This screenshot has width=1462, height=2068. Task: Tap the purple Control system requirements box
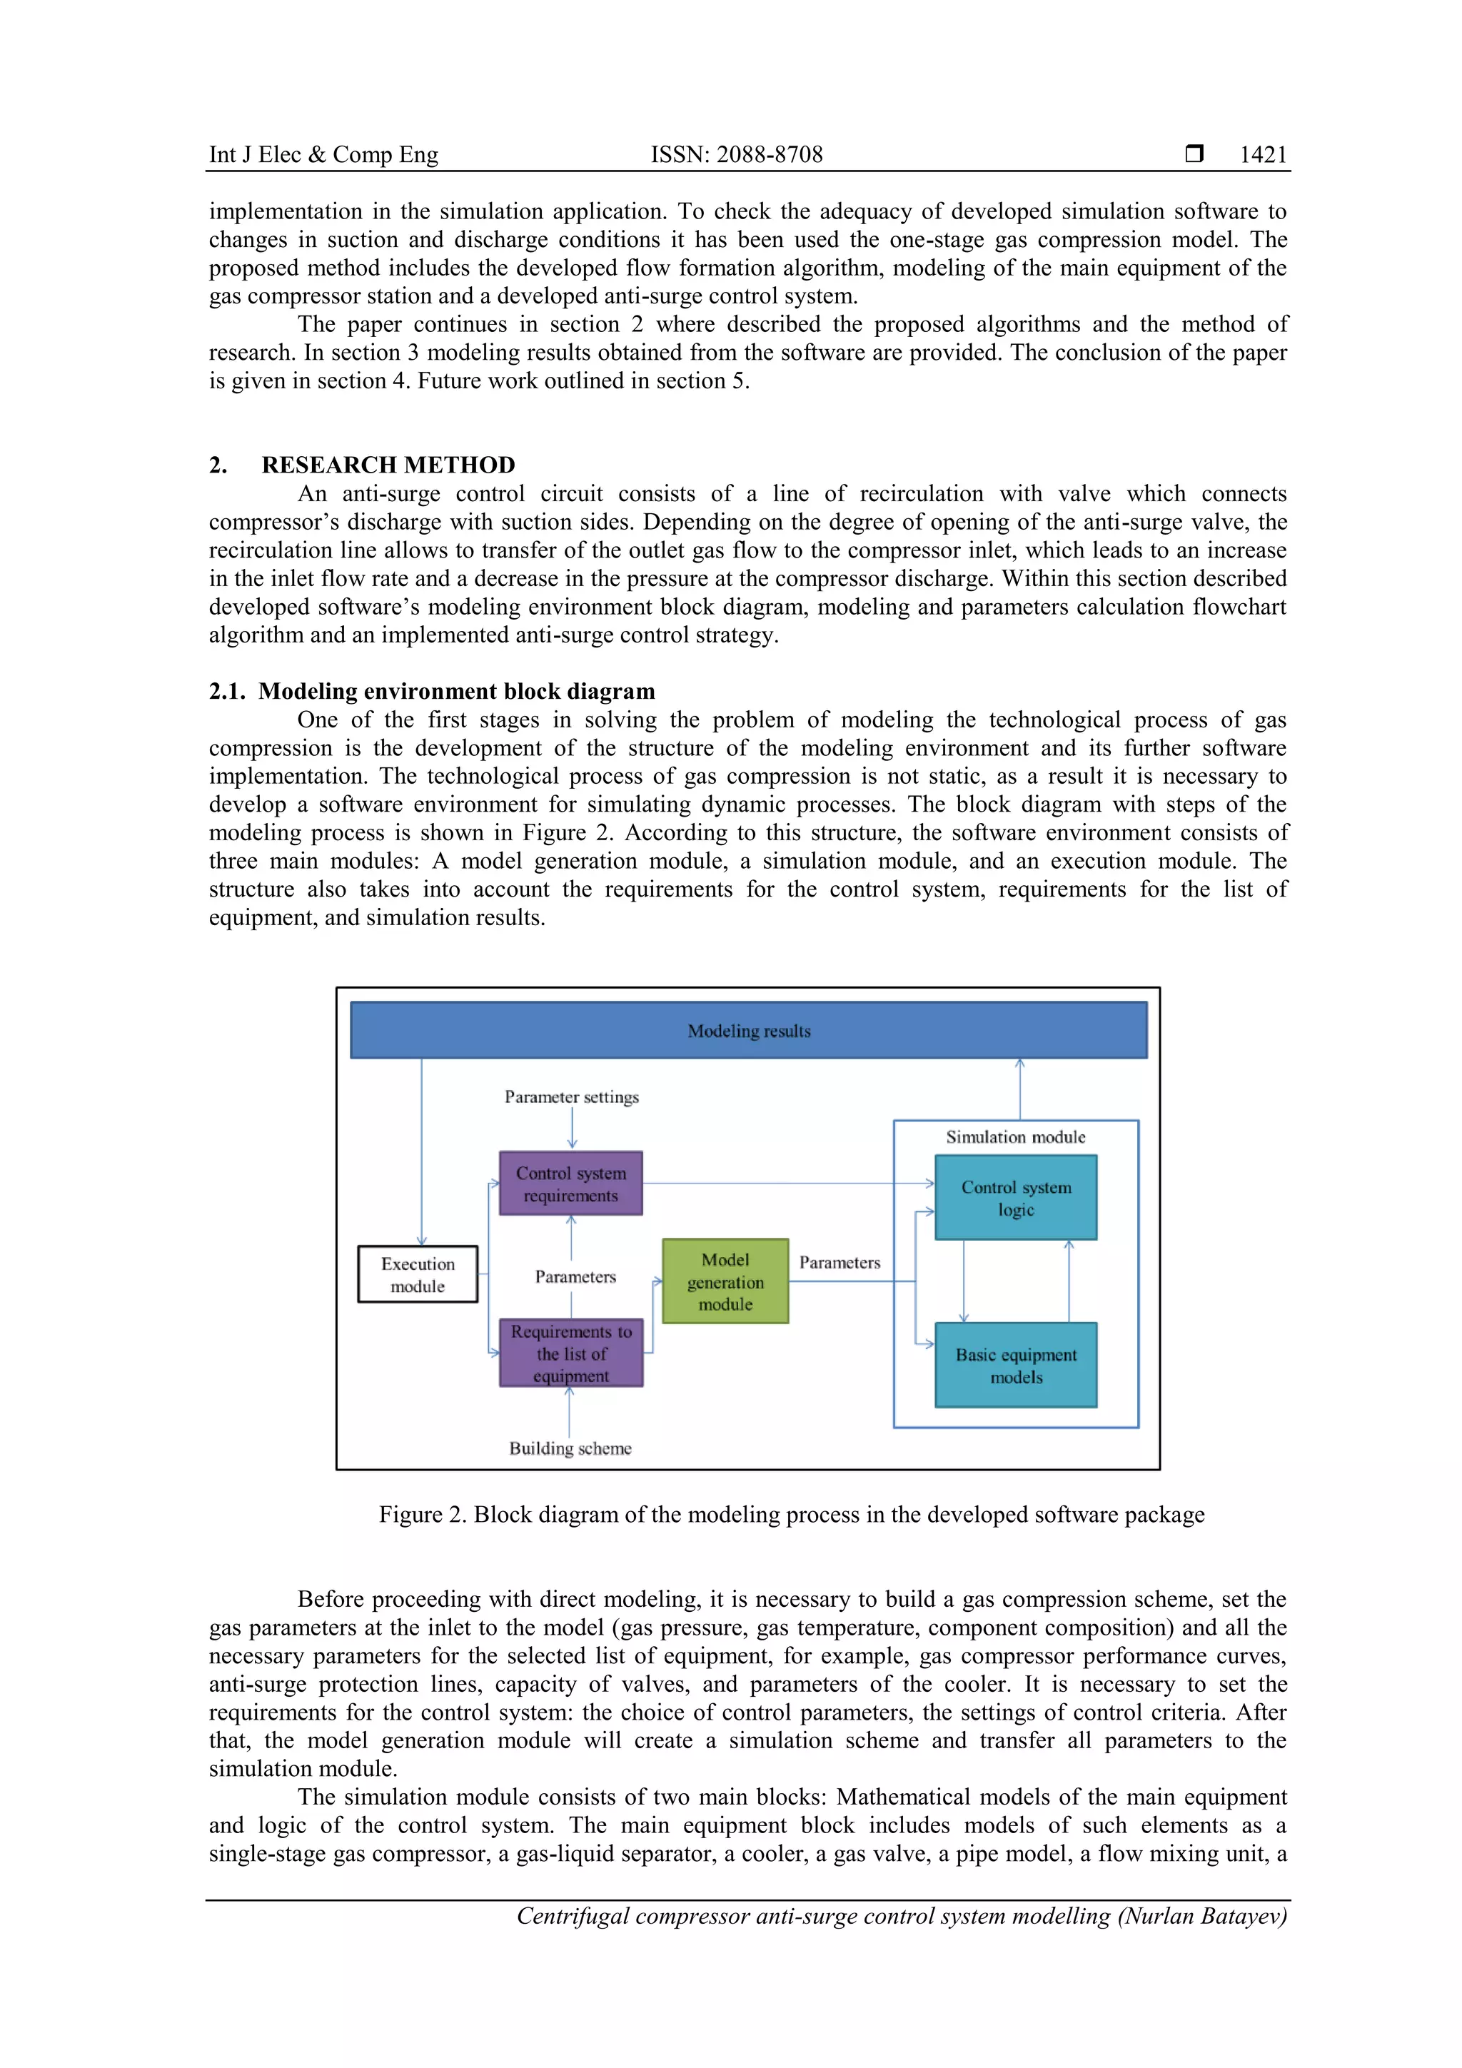click(x=570, y=1184)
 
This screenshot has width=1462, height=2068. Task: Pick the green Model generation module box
click(x=725, y=1281)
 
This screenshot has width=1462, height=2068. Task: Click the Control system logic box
click(x=1015, y=1198)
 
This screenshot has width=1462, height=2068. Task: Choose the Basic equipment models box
click(x=1015, y=1366)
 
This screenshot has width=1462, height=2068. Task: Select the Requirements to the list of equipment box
click(x=570, y=1353)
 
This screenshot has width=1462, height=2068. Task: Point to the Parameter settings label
click(x=571, y=1097)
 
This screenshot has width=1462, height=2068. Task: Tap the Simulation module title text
click(x=1015, y=1136)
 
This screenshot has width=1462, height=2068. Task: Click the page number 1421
click(x=1263, y=155)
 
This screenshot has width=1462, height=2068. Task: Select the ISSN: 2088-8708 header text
click(x=736, y=155)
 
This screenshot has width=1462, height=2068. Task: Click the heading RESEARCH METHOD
click(x=388, y=465)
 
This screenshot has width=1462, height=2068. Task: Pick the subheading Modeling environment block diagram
click(x=456, y=691)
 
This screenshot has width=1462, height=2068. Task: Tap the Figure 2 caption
click(x=791, y=1514)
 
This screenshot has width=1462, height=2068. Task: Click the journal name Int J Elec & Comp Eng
click(x=323, y=155)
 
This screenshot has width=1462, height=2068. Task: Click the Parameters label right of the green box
click(x=839, y=1263)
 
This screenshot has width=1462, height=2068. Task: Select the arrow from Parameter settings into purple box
click(x=572, y=1129)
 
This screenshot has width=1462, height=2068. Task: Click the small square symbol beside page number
click(x=1194, y=154)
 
